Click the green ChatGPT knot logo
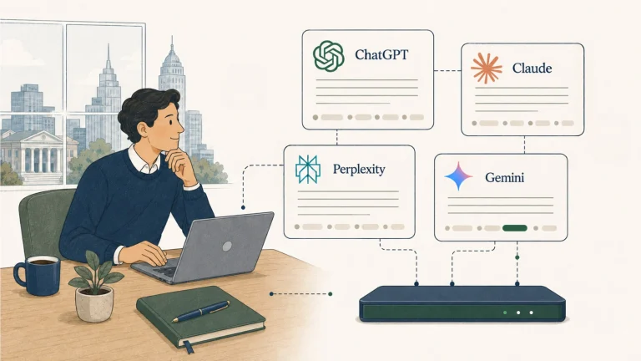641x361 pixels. [x=328, y=56]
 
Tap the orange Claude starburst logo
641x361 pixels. [x=486, y=69]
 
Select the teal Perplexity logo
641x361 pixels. [x=308, y=169]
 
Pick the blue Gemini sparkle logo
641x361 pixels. [x=459, y=176]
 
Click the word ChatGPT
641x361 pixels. [x=381, y=54]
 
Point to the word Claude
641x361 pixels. [x=532, y=68]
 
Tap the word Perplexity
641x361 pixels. [x=359, y=169]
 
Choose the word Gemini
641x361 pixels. [x=504, y=177]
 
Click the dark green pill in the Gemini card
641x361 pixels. [x=515, y=228]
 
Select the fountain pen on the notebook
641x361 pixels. [x=201, y=311]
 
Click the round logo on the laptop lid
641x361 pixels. [x=227, y=246]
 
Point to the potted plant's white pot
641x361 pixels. [x=94, y=303]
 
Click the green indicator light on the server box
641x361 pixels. [x=505, y=313]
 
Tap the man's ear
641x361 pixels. [x=143, y=129]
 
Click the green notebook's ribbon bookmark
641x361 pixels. [x=188, y=346]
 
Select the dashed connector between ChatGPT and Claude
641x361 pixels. [x=447, y=71]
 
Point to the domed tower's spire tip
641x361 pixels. [x=172, y=37]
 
